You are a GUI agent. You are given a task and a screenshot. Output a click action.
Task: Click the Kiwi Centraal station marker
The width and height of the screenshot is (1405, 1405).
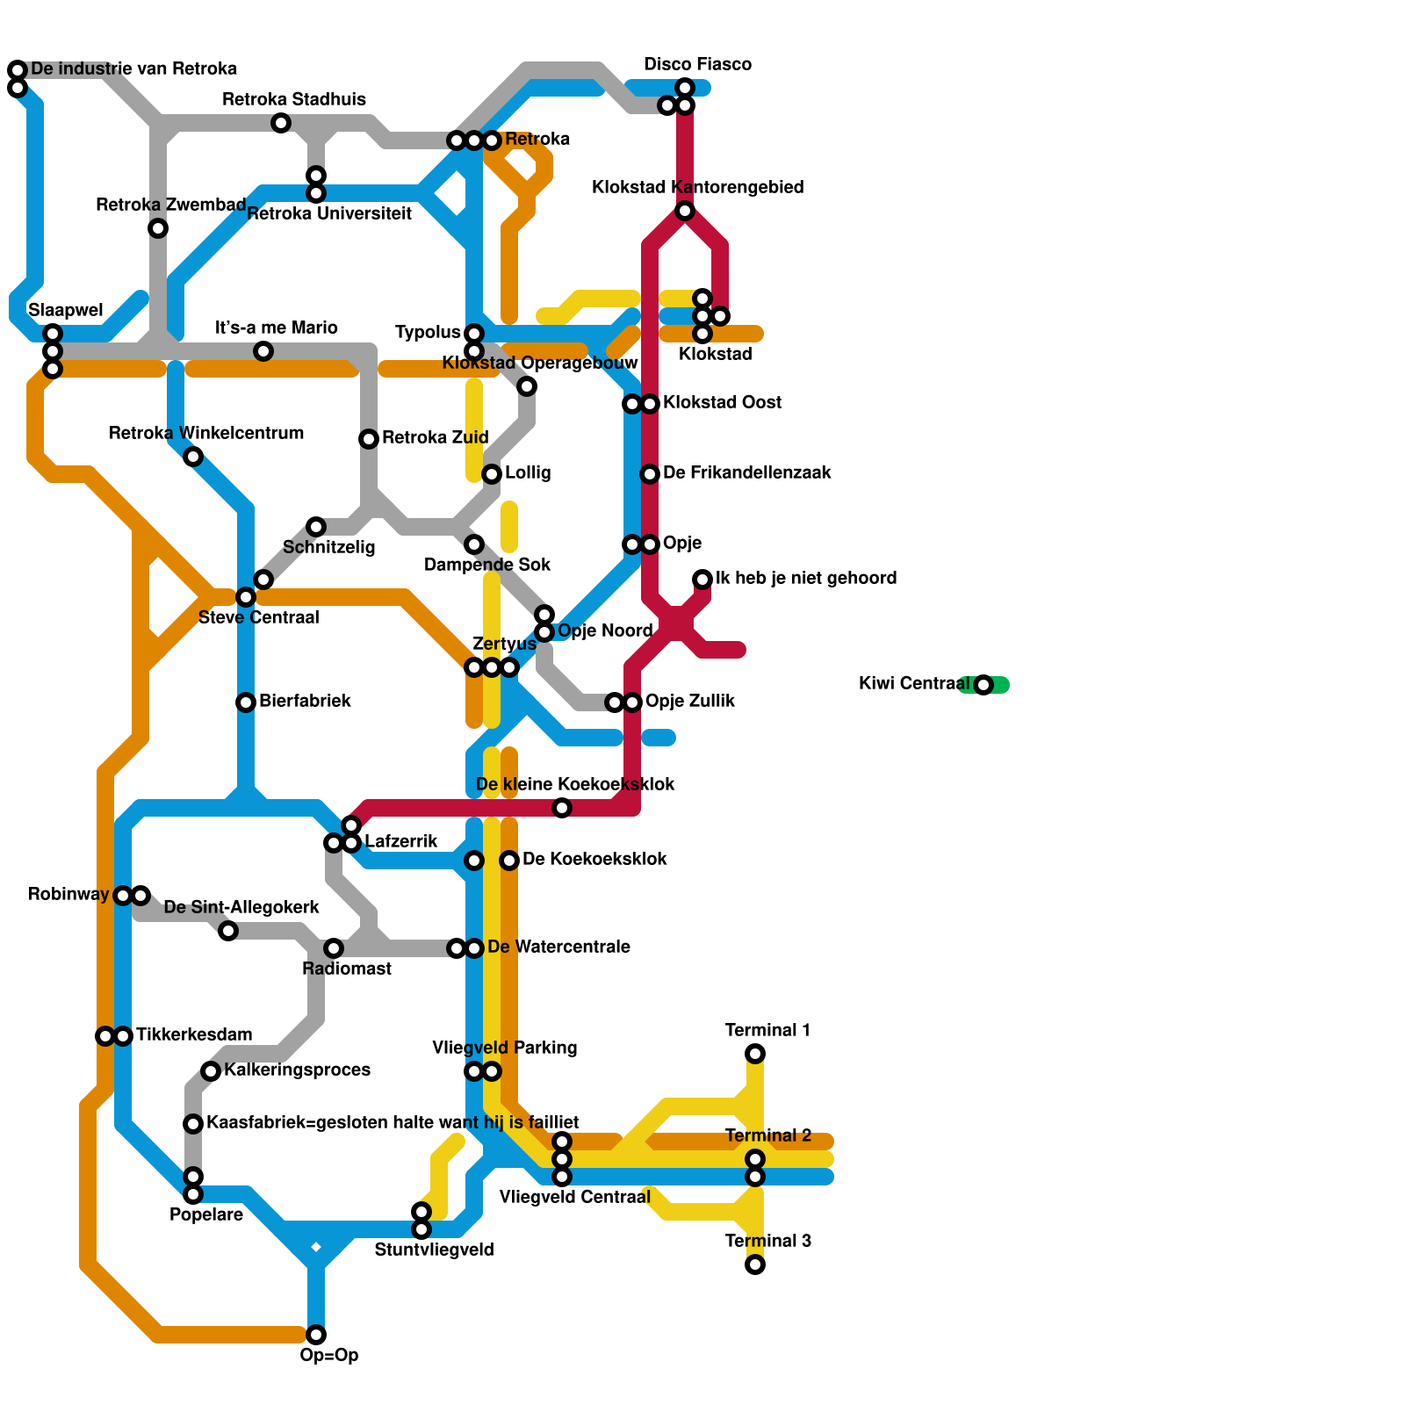pyautogui.click(x=983, y=685)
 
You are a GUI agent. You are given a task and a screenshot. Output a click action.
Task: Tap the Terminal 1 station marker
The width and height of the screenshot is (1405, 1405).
pyautogui.click(x=755, y=1054)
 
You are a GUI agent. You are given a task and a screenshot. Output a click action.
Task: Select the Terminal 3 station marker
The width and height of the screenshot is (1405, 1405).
pyautogui.click(x=755, y=1264)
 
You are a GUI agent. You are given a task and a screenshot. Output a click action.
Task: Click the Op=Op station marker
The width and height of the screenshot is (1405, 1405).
pyautogui.click(x=316, y=1335)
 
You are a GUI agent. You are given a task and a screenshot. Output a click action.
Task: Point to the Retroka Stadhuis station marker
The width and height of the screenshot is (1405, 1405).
pyautogui.click(x=281, y=123)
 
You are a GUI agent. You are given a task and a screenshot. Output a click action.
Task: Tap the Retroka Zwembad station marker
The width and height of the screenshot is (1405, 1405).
pyautogui.click(x=158, y=228)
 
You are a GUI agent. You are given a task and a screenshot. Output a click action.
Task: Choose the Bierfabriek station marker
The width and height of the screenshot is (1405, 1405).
pyautogui.click(x=246, y=702)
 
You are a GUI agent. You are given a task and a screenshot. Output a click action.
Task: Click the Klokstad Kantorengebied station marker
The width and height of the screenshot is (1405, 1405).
pyautogui.click(x=685, y=211)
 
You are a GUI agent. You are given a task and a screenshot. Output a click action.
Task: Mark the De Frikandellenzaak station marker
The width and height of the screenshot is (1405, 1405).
pyautogui.click(x=650, y=474)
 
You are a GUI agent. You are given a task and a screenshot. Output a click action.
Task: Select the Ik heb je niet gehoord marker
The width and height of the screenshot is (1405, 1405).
pyautogui.click(x=702, y=580)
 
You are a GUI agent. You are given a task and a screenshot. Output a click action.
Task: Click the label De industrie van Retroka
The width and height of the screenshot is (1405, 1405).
pyautogui.click(x=133, y=68)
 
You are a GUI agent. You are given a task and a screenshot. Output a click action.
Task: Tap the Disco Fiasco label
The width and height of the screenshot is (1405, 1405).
pyautogui.click(x=697, y=64)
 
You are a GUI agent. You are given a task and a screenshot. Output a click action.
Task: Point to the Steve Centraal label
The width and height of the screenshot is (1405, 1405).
pyautogui.click(x=258, y=617)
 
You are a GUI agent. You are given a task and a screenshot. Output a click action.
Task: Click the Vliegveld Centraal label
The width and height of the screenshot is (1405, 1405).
pyautogui.click(x=574, y=1197)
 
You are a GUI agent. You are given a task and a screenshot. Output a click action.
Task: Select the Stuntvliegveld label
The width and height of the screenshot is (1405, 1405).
pyautogui.click(x=434, y=1250)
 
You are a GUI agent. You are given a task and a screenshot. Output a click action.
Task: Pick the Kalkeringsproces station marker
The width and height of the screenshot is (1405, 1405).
pyautogui.click(x=211, y=1071)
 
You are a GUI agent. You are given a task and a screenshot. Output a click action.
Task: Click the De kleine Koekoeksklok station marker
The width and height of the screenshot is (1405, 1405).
pyautogui.click(x=562, y=808)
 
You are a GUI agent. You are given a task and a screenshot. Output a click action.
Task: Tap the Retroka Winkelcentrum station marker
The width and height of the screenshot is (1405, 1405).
pyautogui.click(x=193, y=457)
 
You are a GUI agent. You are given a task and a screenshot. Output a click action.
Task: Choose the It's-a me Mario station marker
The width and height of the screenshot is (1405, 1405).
pyautogui.click(x=263, y=351)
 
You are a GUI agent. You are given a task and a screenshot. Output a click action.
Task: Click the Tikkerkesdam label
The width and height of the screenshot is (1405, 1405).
pyautogui.click(x=194, y=1034)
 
